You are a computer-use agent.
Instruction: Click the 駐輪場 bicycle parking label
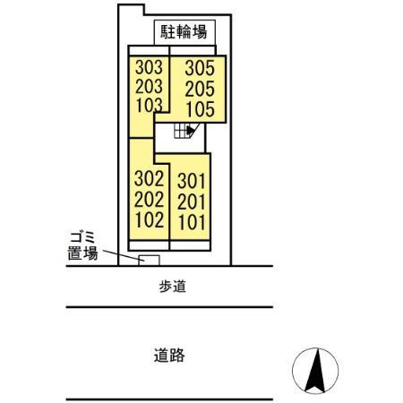pyautogui.click(x=184, y=33)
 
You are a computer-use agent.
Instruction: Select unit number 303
pyautogui.click(x=149, y=67)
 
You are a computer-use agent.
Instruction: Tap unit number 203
pyautogui.click(x=149, y=86)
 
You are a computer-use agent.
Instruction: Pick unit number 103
pyautogui.click(x=149, y=105)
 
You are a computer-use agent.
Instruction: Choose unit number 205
pyautogui.click(x=200, y=89)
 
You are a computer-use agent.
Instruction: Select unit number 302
pyautogui.click(x=149, y=178)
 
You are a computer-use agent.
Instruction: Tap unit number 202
pyautogui.click(x=149, y=198)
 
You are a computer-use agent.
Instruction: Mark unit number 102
pyautogui.click(x=149, y=218)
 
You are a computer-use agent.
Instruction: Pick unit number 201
pyautogui.click(x=193, y=201)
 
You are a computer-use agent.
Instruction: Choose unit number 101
pyautogui.click(x=193, y=220)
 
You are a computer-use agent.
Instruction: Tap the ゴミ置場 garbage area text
pyautogui.click(x=81, y=244)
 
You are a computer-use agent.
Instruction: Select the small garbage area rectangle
pyautogui.click(x=149, y=261)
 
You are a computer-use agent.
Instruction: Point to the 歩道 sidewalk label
pyautogui.click(x=170, y=287)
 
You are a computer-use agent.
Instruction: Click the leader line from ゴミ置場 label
pyautogui.click(x=121, y=256)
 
